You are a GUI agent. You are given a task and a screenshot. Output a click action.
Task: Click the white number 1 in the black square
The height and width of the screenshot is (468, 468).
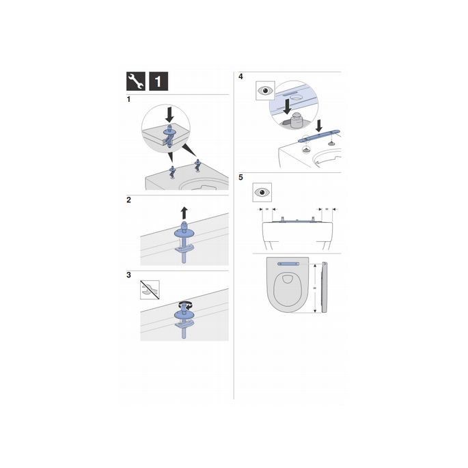156,83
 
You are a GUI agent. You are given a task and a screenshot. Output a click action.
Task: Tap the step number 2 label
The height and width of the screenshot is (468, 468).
129,200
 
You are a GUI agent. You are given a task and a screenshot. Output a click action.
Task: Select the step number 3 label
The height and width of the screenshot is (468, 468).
129,275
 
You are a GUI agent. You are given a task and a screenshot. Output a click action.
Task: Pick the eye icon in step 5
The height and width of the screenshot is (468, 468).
262,192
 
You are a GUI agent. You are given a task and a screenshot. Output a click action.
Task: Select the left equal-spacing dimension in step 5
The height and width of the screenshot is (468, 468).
267,208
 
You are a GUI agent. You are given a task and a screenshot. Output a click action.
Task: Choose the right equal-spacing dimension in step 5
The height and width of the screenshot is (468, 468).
327,208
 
